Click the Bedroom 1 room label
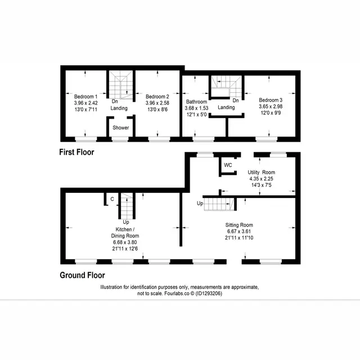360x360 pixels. tap(85, 97)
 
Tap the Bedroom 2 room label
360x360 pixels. tap(157, 97)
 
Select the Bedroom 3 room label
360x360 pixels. tap(271, 100)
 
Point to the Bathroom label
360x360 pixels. tap(196, 102)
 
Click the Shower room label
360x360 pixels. tap(121, 128)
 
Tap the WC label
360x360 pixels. tap(228, 165)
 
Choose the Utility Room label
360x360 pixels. tap(261, 173)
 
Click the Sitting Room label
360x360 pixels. tap(239, 225)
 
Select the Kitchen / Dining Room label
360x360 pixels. tap(125, 232)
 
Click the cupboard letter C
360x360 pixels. tap(112, 199)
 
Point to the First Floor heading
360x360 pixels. tap(76, 152)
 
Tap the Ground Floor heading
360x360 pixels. tap(82, 275)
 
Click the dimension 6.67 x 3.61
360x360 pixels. tap(239, 231)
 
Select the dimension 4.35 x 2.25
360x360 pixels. tap(261, 179)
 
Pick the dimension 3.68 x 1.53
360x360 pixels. tap(196, 108)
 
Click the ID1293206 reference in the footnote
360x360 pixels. tap(209, 294)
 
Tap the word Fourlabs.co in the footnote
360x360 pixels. tap(177, 294)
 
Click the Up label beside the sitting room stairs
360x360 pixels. tap(200, 204)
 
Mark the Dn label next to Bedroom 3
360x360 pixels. tap(236, 101)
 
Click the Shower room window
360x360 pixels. tap(120, 139)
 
